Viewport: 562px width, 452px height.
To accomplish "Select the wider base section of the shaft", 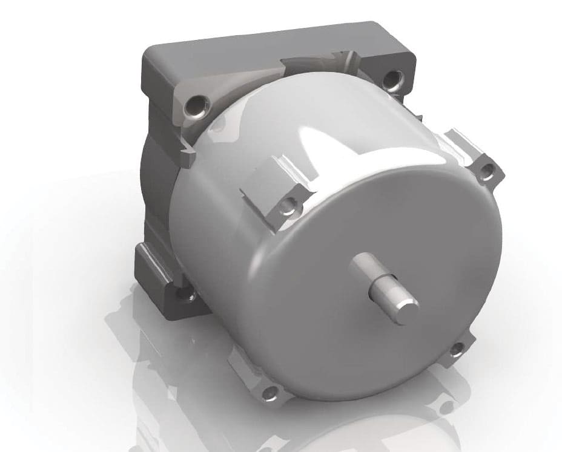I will click(365, 270).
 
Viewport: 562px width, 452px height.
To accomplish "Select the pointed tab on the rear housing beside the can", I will click(188, 159).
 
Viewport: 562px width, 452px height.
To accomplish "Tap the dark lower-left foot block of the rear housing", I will click(157, 272).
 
